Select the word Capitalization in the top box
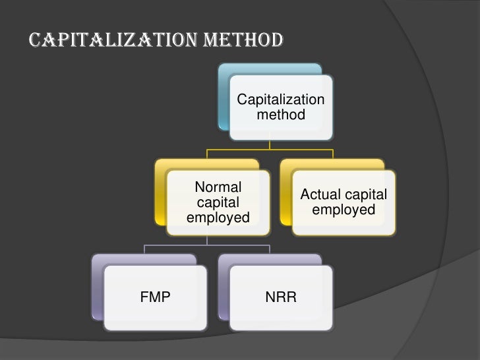click(x=281, y=100)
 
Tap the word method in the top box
click(x=281, y=115)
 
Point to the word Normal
click(x=218, y=187)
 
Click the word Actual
click(x=322, y=195)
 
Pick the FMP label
click(x=156, y=297)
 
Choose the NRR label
click(x=281, y=297)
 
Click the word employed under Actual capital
click(x=344, y=210)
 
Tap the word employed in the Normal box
click(x=218, y=218)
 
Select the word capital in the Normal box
click(x=218, y=202)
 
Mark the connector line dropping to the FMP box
click(x=145, y=249)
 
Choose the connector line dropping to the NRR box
click(x=270, y=249)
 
